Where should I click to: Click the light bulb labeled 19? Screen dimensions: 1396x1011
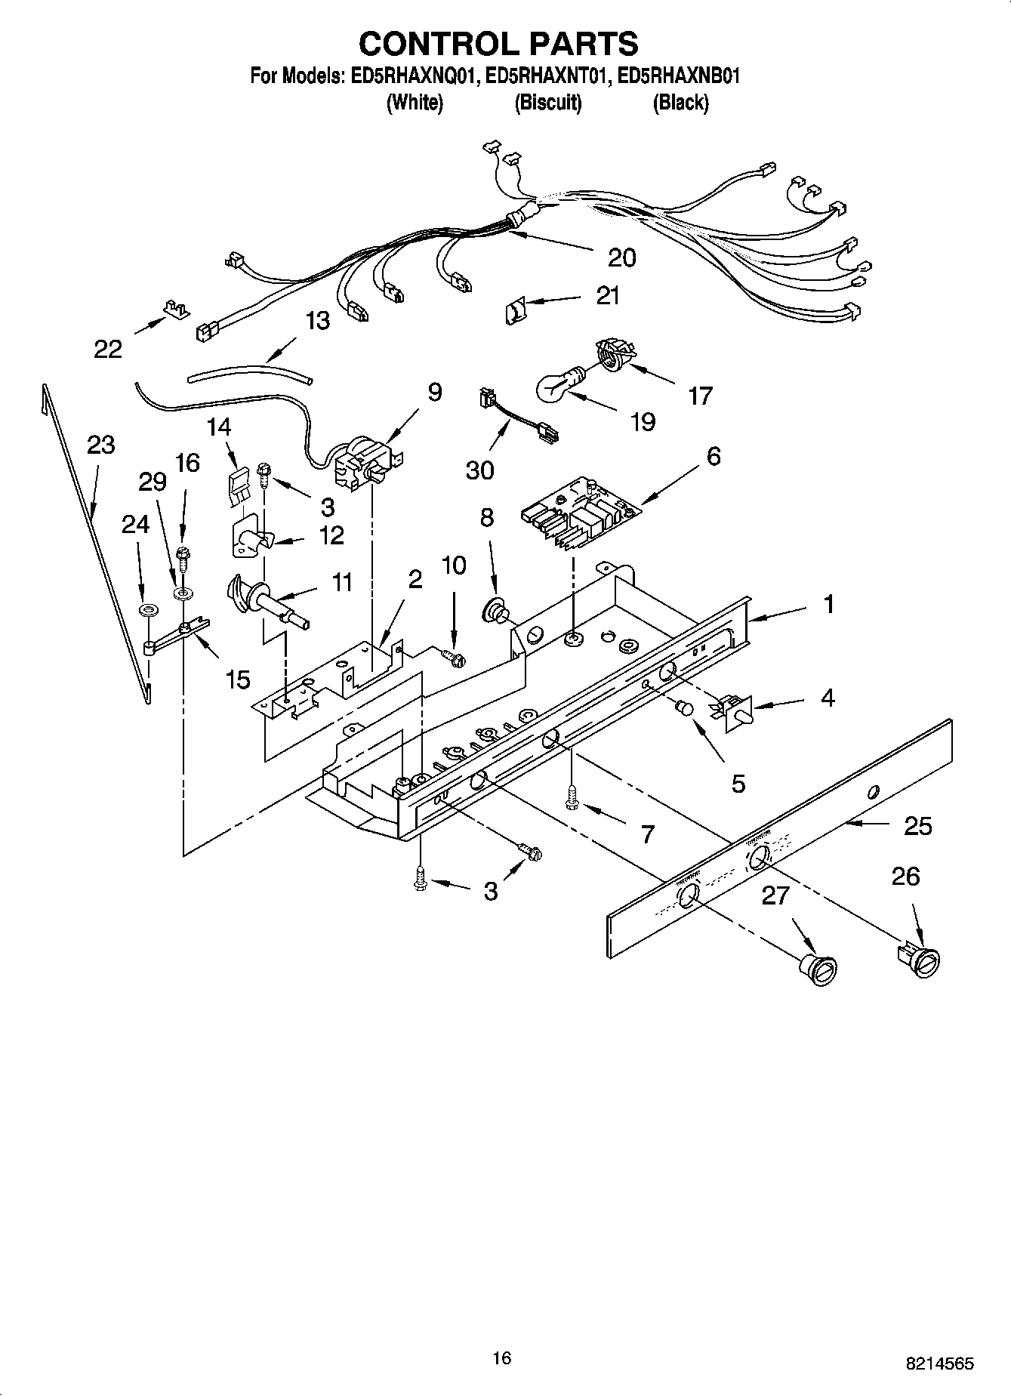coord(559,384)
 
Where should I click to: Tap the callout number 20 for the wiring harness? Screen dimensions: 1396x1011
coord(621,257)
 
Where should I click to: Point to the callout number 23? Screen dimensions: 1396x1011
coord(100,445)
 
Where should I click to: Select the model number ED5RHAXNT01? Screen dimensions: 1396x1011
coord(545,76)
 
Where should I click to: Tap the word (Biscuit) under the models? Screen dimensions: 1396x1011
coord(548,103)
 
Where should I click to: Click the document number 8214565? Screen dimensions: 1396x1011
coord(939,1363)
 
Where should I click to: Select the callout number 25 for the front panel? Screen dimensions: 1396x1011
coord(917,826)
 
